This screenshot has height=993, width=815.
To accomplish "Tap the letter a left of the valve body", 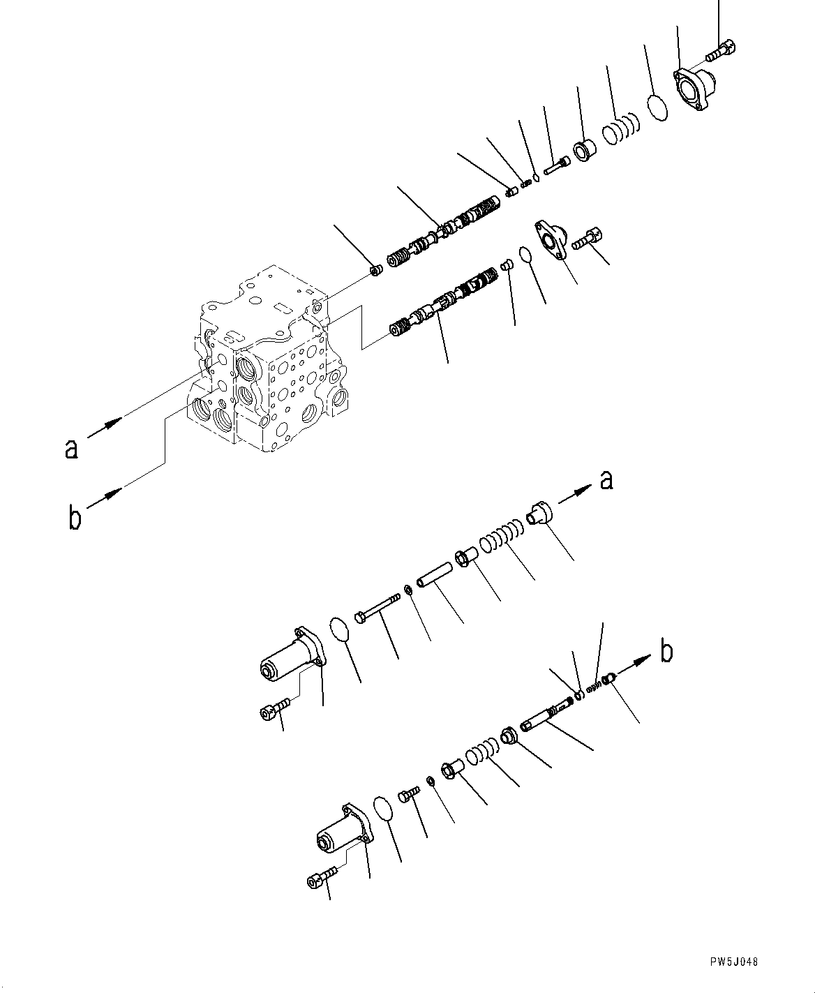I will point(70,449).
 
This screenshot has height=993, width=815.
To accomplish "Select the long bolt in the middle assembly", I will point(377,607).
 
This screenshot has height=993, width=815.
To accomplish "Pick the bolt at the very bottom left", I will point(322,876).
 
